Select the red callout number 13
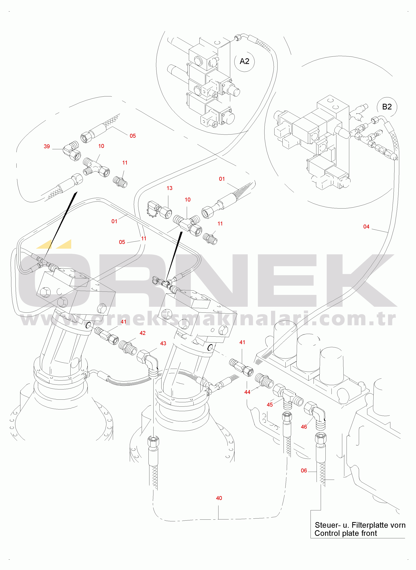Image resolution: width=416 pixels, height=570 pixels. click(x=169, y=188)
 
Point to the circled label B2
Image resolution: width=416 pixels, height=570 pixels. click(x=387, y=107)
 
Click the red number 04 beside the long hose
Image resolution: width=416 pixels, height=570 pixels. click(x=366, y=227)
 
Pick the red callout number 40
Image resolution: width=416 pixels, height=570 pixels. click(x=219, y=498)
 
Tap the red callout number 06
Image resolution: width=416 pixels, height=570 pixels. click(x=304, y=471)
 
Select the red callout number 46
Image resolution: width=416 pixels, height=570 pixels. click(x=304, y=427)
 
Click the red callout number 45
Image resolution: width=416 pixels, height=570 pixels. click(x=270, y=405)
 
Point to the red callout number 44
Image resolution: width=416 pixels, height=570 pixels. click(x=247, y=392)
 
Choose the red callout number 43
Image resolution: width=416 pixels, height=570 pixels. click(x=163, y=343)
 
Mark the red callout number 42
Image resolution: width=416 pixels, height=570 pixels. click(x=142, y=333)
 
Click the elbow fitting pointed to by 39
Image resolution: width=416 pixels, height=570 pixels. click(x=72, y=151)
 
